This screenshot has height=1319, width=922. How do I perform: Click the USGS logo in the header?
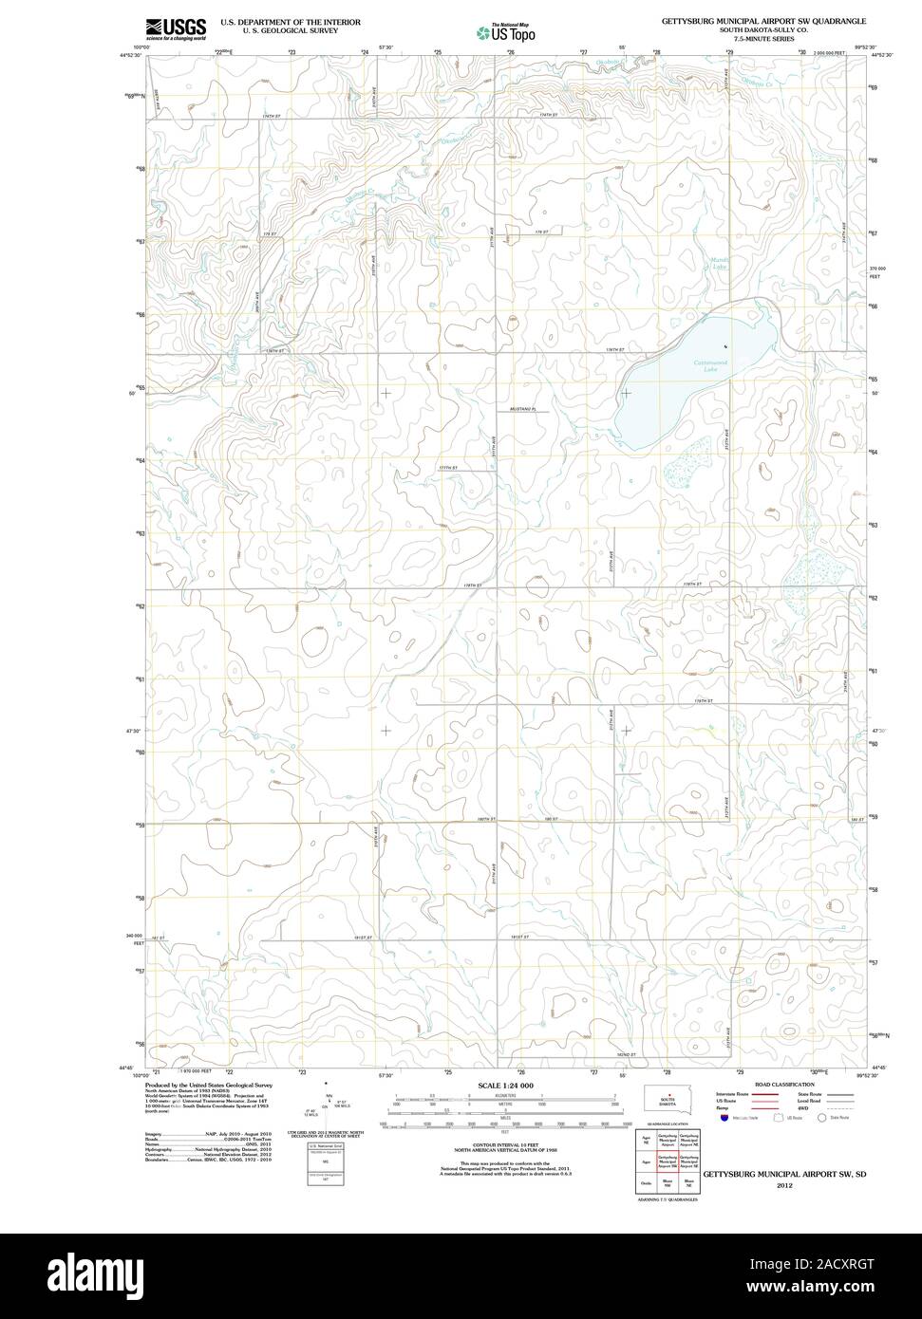[176, 28]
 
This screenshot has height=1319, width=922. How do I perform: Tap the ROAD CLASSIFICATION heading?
[784, 1084]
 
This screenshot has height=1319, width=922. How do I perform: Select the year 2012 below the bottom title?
[783, 1186]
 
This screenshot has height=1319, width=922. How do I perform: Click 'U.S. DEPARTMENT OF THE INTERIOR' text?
[290, 21]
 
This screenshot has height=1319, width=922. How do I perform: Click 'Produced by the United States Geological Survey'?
[209, 1085]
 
